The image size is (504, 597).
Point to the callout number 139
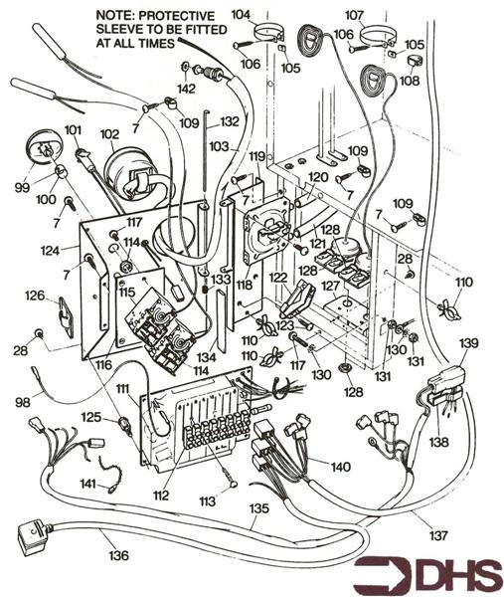468,343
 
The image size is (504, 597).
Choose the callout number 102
108,133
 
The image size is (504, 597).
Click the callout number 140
341,466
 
